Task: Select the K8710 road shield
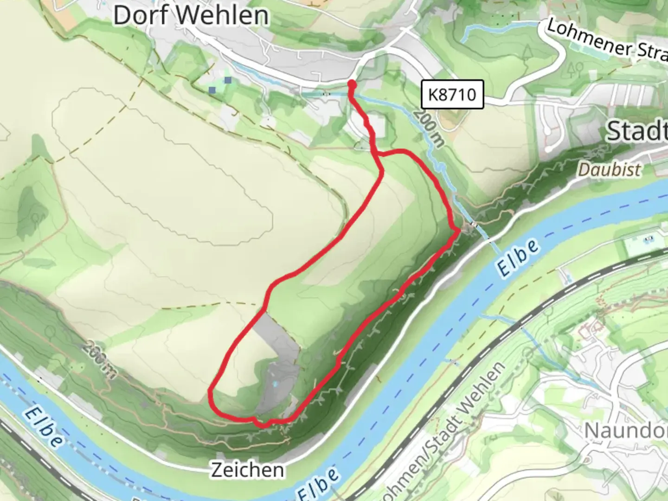tap(452, 95)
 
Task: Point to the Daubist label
tap(610, 170)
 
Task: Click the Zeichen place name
tap(248, 470)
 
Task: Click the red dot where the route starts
tap(352, 84)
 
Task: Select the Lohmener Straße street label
tap(608, 41)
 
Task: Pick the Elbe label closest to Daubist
tap(518, 258)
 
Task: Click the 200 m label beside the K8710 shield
tap(429, 128)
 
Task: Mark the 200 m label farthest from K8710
tap(99, 360)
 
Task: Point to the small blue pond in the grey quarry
tap(276, 384)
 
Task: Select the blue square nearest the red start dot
tap(228, 80)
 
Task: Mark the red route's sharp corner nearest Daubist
tap(458, 230)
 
